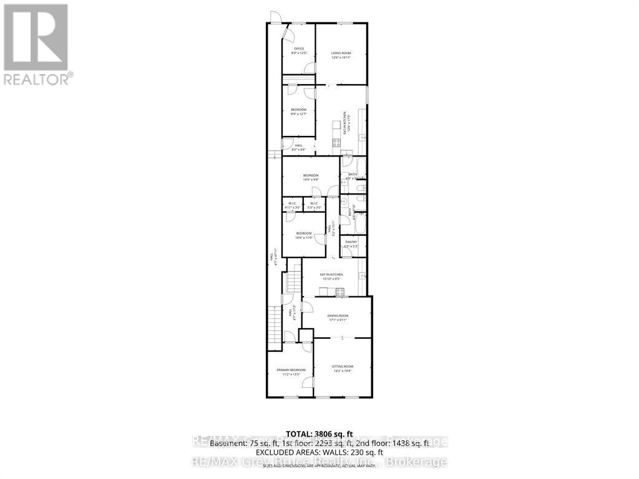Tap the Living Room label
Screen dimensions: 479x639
[x=341, y=56]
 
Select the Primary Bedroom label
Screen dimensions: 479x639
[x=291, y=372]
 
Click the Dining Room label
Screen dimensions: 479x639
[x=338, y=317]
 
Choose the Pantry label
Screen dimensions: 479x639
[x=351, y=243]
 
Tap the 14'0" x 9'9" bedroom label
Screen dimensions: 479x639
[x=311, y=178]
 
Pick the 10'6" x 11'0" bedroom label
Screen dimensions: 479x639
[x=304, y=235]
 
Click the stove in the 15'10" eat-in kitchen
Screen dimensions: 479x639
[x=340, y=291]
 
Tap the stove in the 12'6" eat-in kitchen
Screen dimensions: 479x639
[x=336, y=143]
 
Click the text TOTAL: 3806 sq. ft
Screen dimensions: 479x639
[x=319, y=433]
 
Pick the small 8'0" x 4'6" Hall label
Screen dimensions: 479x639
[x=298, y=147]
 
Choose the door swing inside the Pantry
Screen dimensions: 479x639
[x=346, y=252]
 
